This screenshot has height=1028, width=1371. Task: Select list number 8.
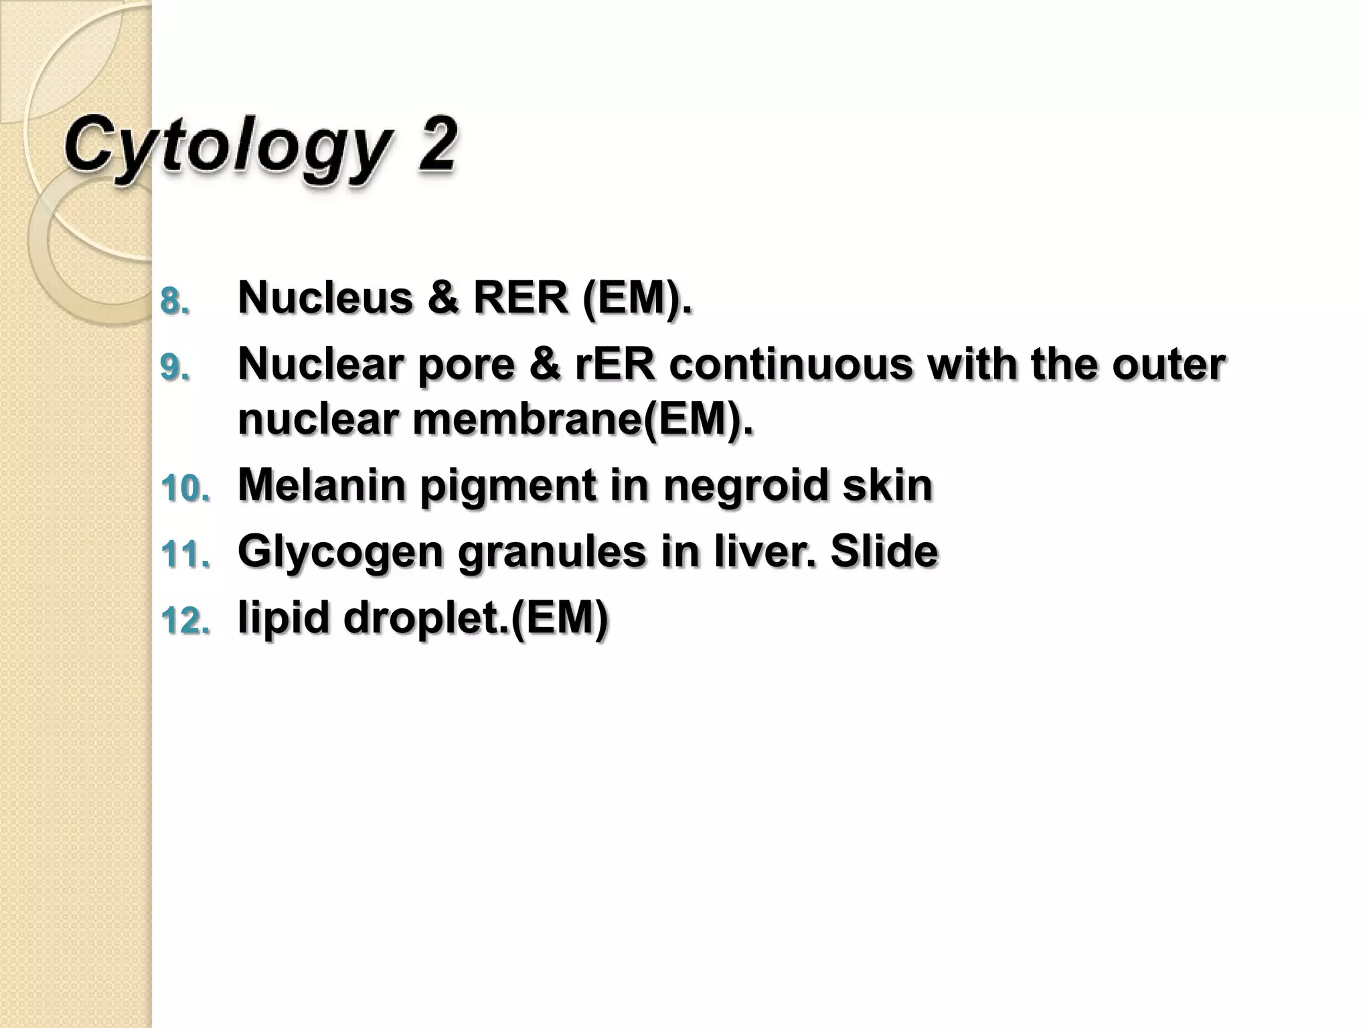[x=175, y=302]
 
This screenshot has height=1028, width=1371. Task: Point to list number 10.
[x=185, y=490]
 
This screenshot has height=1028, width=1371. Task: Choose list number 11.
[x=185, y=555]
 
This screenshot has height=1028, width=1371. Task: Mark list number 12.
[x=185, y=622]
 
